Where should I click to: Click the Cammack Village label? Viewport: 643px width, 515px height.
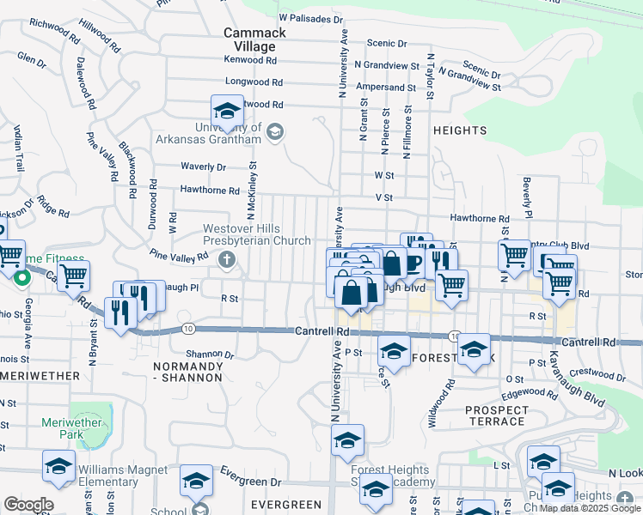click(x=249, y=39)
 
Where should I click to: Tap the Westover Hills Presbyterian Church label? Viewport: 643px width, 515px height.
click(x=257, y=235)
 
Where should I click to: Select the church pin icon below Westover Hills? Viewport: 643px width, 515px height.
click(x=227, y=260)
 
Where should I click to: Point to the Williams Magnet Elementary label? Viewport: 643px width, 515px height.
click(x=119, y=476)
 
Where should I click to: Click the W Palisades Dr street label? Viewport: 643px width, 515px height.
click(x=310, y=17)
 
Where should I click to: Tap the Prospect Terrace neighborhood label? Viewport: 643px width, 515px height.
click(x=495, y=415)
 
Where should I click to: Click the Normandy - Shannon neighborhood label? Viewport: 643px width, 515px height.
click(x=187, y=372)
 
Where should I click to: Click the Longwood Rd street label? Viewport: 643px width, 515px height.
click(x=254, y=82)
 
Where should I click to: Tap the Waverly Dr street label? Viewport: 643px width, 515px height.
click(x=203, y=167)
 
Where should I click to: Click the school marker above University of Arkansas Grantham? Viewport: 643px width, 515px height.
click(x=227, y=111)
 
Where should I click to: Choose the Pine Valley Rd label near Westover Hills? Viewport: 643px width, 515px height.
click(x=179, y=255)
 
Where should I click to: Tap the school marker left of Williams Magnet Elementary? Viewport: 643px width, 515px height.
click(x=58, y=467)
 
